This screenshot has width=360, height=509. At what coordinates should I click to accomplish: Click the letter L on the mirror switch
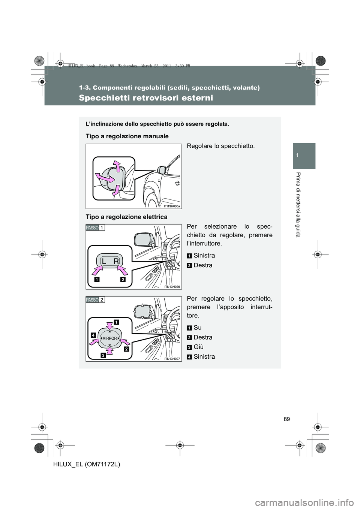103,260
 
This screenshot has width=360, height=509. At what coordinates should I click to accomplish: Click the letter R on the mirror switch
117,260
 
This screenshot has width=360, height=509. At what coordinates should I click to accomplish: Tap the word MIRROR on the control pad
109,338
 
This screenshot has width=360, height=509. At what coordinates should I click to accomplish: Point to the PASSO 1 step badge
95,228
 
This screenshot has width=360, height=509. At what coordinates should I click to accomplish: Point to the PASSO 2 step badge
95,299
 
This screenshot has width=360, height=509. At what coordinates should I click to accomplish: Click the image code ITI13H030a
172,206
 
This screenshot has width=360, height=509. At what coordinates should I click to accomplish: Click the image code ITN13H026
172,286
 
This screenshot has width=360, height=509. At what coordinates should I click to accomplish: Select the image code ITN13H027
172,359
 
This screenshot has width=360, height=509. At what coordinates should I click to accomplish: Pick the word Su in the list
198,327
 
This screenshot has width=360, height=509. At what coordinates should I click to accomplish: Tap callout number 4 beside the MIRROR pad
92,333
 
